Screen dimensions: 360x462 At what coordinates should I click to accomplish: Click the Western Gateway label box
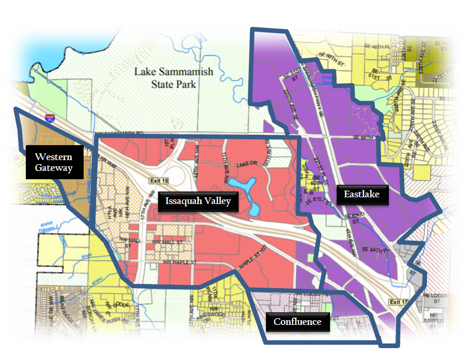tap(54, 163)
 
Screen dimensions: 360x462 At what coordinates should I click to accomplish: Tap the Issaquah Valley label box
tap(198, 201)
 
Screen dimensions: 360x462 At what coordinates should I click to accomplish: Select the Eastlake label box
tap(361, 194)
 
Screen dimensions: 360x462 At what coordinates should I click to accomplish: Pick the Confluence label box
tap(297, 322)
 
